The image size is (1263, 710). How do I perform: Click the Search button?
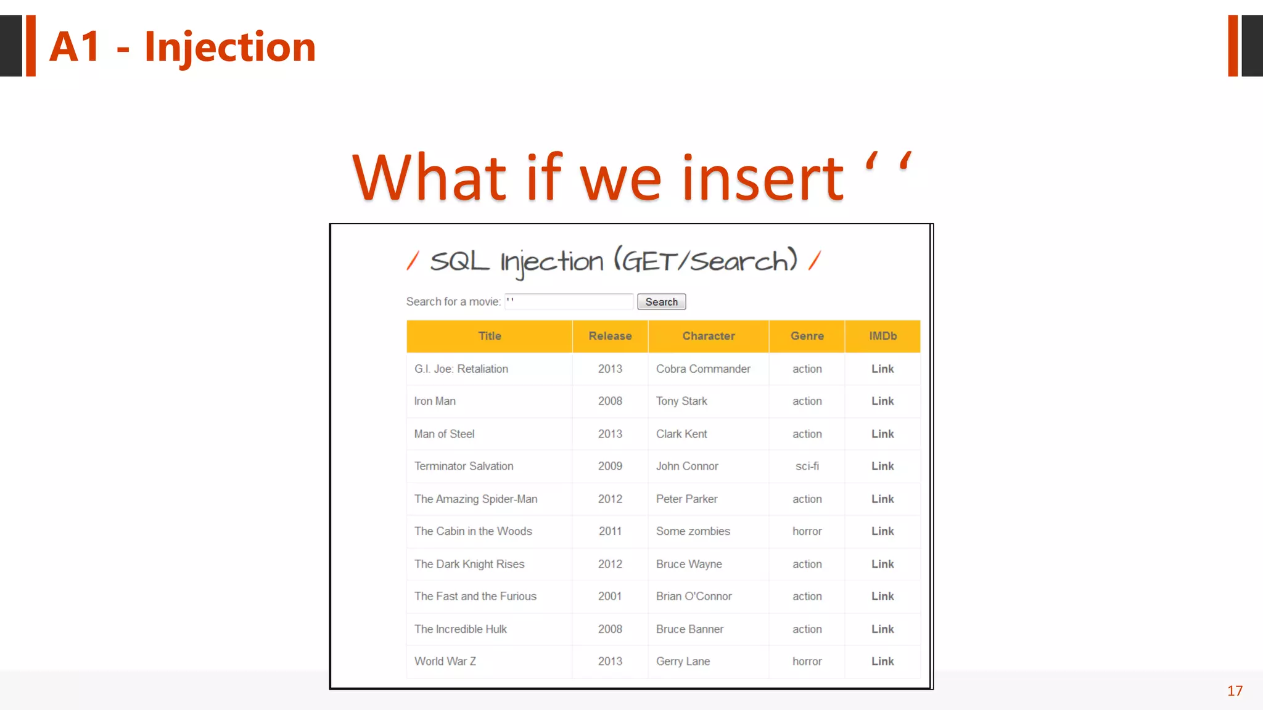[x=661, y=302]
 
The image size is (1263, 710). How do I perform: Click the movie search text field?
[x=569, y=302]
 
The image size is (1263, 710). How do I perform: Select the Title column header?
[x=490, y=336]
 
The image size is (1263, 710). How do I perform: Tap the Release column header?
[x=610, y=336]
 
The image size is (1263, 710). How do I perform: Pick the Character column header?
[x=708, y=336]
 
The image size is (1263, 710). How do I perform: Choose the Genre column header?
[x=807, y=336]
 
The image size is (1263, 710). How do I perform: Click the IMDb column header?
[x=882, y=336]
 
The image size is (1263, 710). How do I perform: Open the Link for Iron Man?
[x=882, y=401]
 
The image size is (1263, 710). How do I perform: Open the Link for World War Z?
[x=882, y=661]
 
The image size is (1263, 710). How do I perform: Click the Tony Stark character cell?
[x=681, y=401]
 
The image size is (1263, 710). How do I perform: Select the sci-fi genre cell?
[x=807, y=467]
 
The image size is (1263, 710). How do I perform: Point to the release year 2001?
[x=610, y=597]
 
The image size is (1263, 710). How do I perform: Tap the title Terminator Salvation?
[x=464, y=467]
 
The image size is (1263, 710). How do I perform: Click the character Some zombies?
[x=693, y=531]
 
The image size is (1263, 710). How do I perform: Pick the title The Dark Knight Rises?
[x=469, y=564]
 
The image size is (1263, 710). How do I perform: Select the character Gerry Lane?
[x=683, y=661]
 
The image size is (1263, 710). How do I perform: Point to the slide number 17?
[x=1235, y=691]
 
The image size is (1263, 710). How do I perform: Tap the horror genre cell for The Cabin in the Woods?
[x=807, y=531]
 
